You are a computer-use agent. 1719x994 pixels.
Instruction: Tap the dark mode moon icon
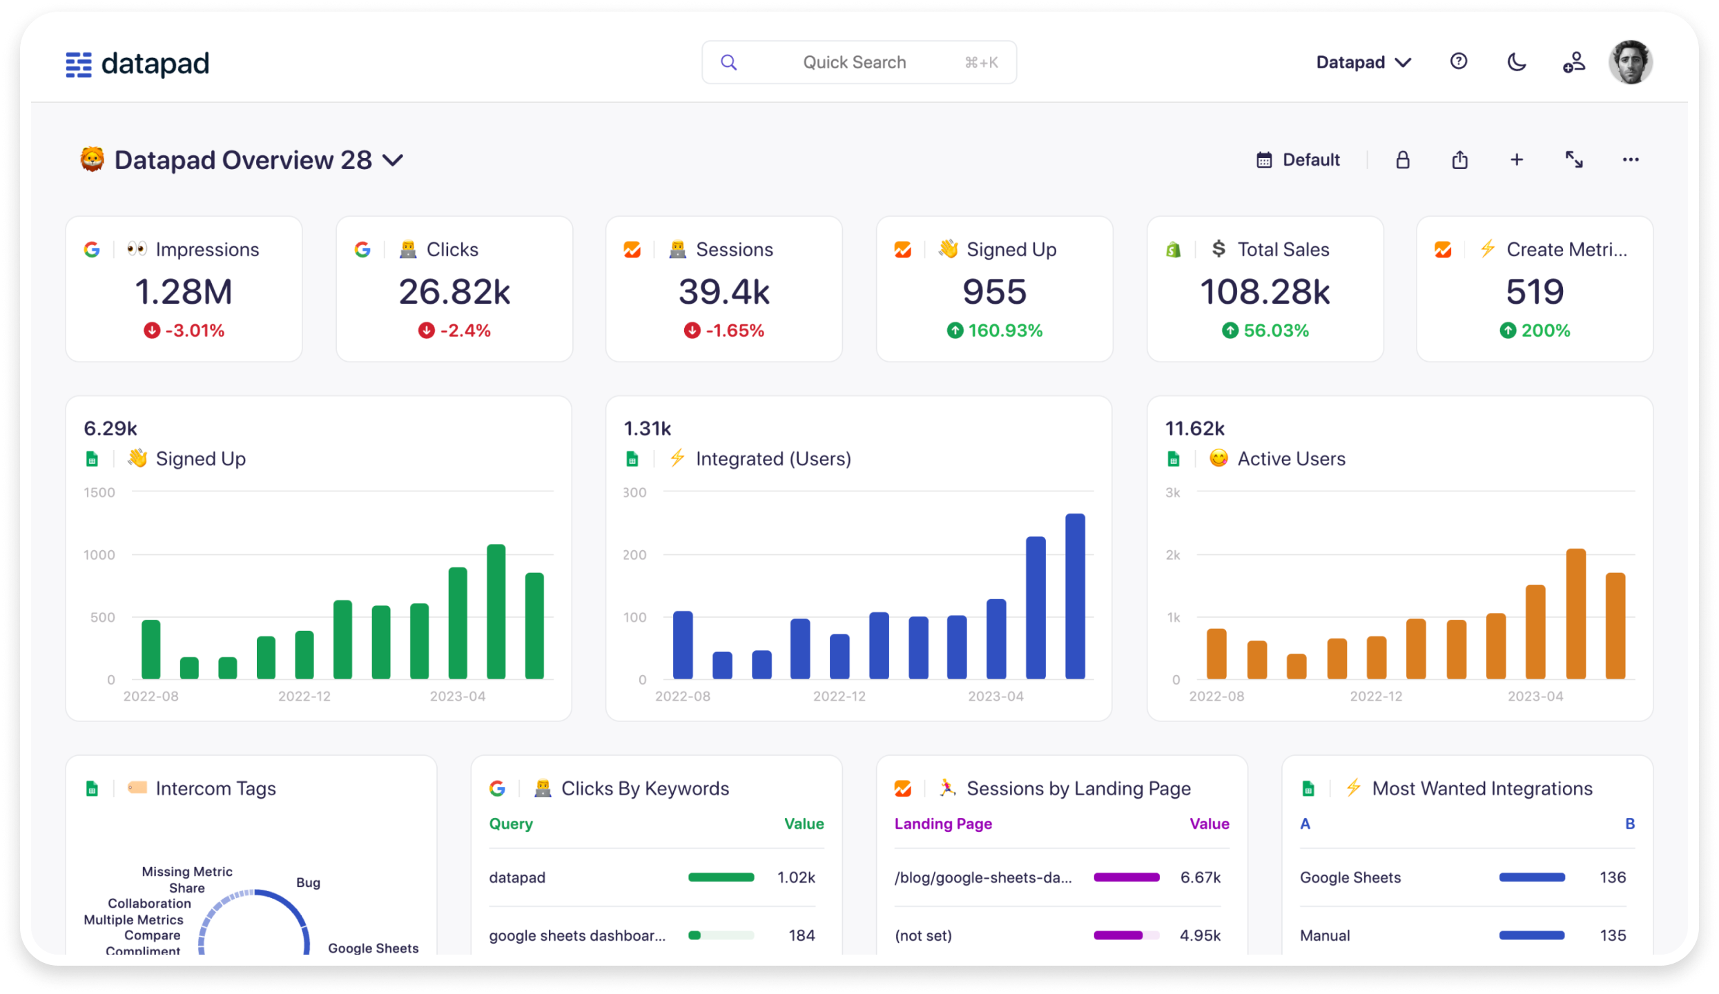pos(1516,62)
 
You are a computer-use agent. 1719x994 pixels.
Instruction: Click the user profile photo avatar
pos(1630,62)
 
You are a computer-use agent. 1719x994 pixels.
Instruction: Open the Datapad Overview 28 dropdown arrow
pos(393,160)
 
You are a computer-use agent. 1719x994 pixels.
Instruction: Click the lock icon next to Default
pos(1402,160)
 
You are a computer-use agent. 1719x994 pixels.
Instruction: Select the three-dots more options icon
pos(1630,160)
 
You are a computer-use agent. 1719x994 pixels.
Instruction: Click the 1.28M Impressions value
pos(184,291)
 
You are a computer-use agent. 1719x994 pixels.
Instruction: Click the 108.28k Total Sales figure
pos(1265,291)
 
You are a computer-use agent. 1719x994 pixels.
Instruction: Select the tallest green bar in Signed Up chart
pos(496,611)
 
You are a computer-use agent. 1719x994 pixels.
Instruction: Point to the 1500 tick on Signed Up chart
pos(99,492)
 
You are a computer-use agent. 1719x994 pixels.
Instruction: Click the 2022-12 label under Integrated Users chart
pos(839,696)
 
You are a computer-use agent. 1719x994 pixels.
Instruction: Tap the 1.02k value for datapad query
pos(796,877)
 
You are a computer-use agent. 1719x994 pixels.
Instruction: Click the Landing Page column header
pos(943,824)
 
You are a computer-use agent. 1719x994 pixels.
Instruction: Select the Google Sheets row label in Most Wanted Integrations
pos(1350,877)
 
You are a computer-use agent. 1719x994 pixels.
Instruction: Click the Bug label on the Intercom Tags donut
pos(308,883)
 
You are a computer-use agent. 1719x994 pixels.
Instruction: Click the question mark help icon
pos(1458,61)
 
